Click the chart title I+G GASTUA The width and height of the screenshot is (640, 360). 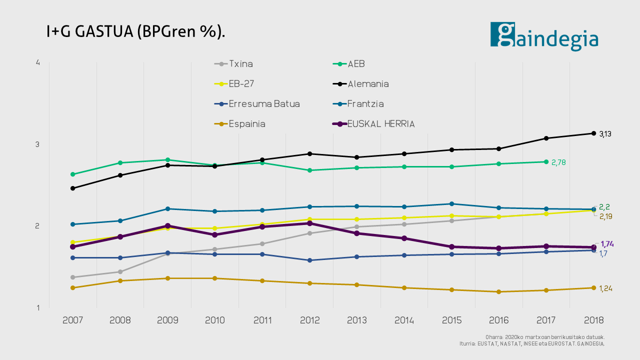point(135,31)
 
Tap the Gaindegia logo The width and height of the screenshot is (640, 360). point(544,36)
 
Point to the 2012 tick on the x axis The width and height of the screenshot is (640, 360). point(309,320)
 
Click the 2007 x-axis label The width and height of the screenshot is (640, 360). point(72,320)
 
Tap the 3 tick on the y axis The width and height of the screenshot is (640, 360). point(38,144)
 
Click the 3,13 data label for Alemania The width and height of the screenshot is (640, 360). point(605,134)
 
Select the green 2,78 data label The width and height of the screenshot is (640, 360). point(558,162)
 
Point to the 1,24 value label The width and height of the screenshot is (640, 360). point(605,288)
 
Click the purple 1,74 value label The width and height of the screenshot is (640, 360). point(607,244)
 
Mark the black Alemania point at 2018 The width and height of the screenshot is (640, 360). point(593,133)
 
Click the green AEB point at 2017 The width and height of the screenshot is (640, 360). point(546,161)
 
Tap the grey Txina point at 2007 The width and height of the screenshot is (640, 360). point(72,277)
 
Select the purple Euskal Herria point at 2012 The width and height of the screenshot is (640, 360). point(309,223)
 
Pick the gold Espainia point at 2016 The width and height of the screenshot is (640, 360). point(499,291)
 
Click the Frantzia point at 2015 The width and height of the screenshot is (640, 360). point(451,203)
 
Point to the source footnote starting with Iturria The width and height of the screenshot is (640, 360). point(532,344)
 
